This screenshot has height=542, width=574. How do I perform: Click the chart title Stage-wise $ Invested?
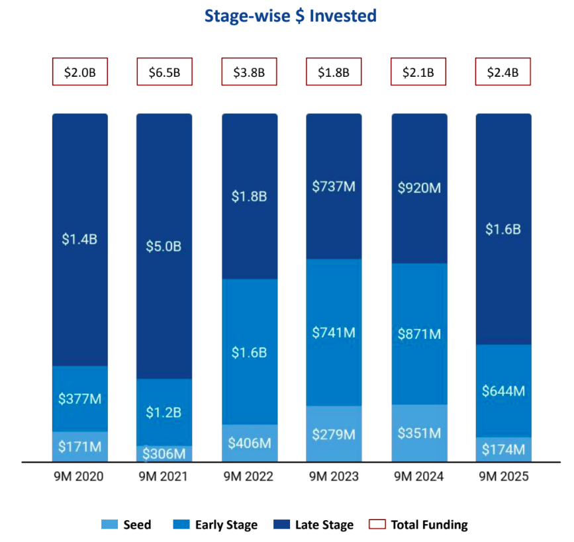point(291,16)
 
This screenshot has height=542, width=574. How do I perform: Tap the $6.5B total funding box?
point(164,72)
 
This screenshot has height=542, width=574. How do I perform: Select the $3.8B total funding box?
point(249,72)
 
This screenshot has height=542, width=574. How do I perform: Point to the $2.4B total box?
point(503,72)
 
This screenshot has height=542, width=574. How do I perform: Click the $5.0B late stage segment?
point(164,246)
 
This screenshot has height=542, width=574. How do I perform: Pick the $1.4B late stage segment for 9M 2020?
point(80,240)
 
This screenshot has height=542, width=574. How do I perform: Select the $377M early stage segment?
point(80,398)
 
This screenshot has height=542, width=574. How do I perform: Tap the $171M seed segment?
point(80,447)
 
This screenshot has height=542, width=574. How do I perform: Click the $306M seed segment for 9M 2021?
point(164,453)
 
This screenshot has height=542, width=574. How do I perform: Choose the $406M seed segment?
point(249,443)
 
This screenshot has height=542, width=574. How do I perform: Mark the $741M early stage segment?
point(334,332)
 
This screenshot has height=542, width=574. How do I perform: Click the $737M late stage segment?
point(334,186)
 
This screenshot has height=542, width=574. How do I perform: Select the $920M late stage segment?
point(419,188)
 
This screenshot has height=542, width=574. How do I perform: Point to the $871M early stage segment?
point(419,334)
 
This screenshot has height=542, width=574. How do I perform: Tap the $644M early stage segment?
point(503,390)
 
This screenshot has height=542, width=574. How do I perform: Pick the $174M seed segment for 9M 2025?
point(503,449)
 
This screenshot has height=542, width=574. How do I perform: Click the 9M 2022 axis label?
point(249,476)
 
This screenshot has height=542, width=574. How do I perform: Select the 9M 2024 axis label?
point(419,476)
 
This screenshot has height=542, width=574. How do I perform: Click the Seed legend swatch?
point(109,525)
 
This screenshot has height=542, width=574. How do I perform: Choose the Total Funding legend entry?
point(420,525)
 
